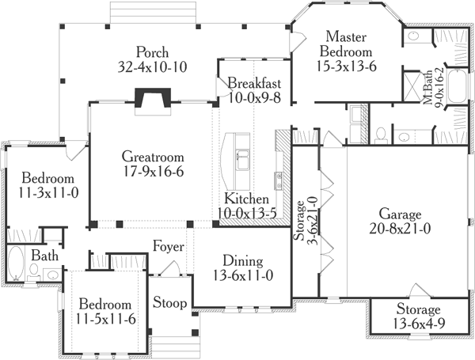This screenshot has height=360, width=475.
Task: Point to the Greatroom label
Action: (153, 156)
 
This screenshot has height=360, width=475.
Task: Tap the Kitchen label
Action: (247, 198)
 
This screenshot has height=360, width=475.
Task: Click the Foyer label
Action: (168, 245)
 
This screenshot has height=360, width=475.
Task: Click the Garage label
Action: (400, 214)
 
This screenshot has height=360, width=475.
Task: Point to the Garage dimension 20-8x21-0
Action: (400, 229)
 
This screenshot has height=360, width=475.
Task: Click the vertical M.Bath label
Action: (427, 91)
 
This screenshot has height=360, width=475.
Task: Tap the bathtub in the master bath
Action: (458, 90)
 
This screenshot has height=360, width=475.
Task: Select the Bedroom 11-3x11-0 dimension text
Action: (47, 191)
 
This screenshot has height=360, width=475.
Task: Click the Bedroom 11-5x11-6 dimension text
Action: (104, 319)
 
